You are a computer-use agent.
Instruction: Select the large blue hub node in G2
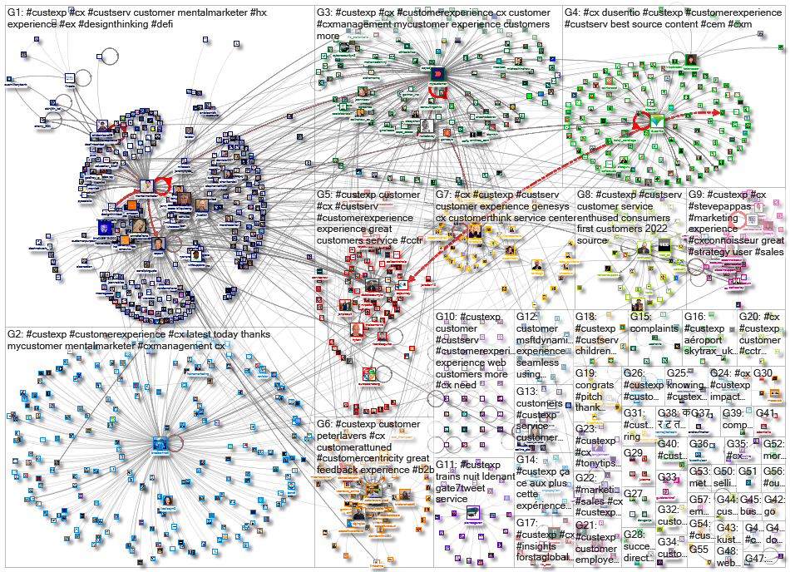pyautogui.click(x=160, y=446)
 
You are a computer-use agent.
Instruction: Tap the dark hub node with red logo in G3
pyautogui.click(x=437, y=75)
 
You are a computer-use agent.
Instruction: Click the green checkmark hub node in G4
pyautogui.click(x=657, y=122)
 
